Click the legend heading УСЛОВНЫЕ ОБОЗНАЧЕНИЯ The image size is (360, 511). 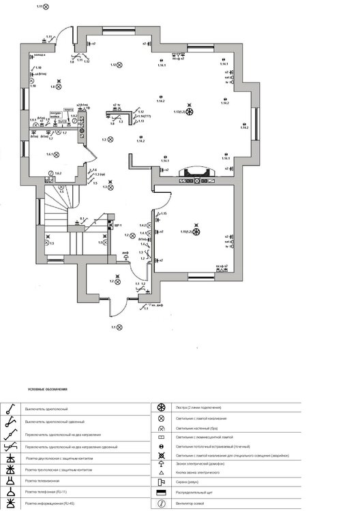point(47,389)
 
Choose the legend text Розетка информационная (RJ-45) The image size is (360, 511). point(48,502)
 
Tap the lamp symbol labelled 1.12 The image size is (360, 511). point(119,65)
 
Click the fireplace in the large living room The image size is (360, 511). point(194,174)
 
